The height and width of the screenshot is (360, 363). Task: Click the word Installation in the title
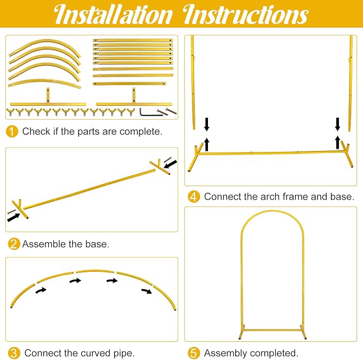(x=113, y=14)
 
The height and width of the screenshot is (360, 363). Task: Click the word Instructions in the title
(x=245, y=14)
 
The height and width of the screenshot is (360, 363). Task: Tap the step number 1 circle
(x=12, y=132)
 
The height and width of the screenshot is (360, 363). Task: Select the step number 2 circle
(x=14, y=244)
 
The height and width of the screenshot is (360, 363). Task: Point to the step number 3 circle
(x=14, y=353)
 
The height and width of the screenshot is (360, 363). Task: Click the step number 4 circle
(x=194, y=197)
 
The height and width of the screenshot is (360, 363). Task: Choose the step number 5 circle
(x=194, y=353)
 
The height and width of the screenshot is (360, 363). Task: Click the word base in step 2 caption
(x=97, y=244)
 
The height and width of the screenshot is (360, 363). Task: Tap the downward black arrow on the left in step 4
(x=207, y=124)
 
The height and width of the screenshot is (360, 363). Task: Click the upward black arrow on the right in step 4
(x=338, y=142)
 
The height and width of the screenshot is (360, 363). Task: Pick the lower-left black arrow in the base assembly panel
(x=14, y=217)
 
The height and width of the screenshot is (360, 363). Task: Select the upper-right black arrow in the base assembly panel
(x=171, y=164)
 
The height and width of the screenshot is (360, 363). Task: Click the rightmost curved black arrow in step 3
(x=147, y=291)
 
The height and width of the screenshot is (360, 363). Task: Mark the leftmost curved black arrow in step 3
(x=41, y=290)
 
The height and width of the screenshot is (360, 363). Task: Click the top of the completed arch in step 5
(x=272, y=211)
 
